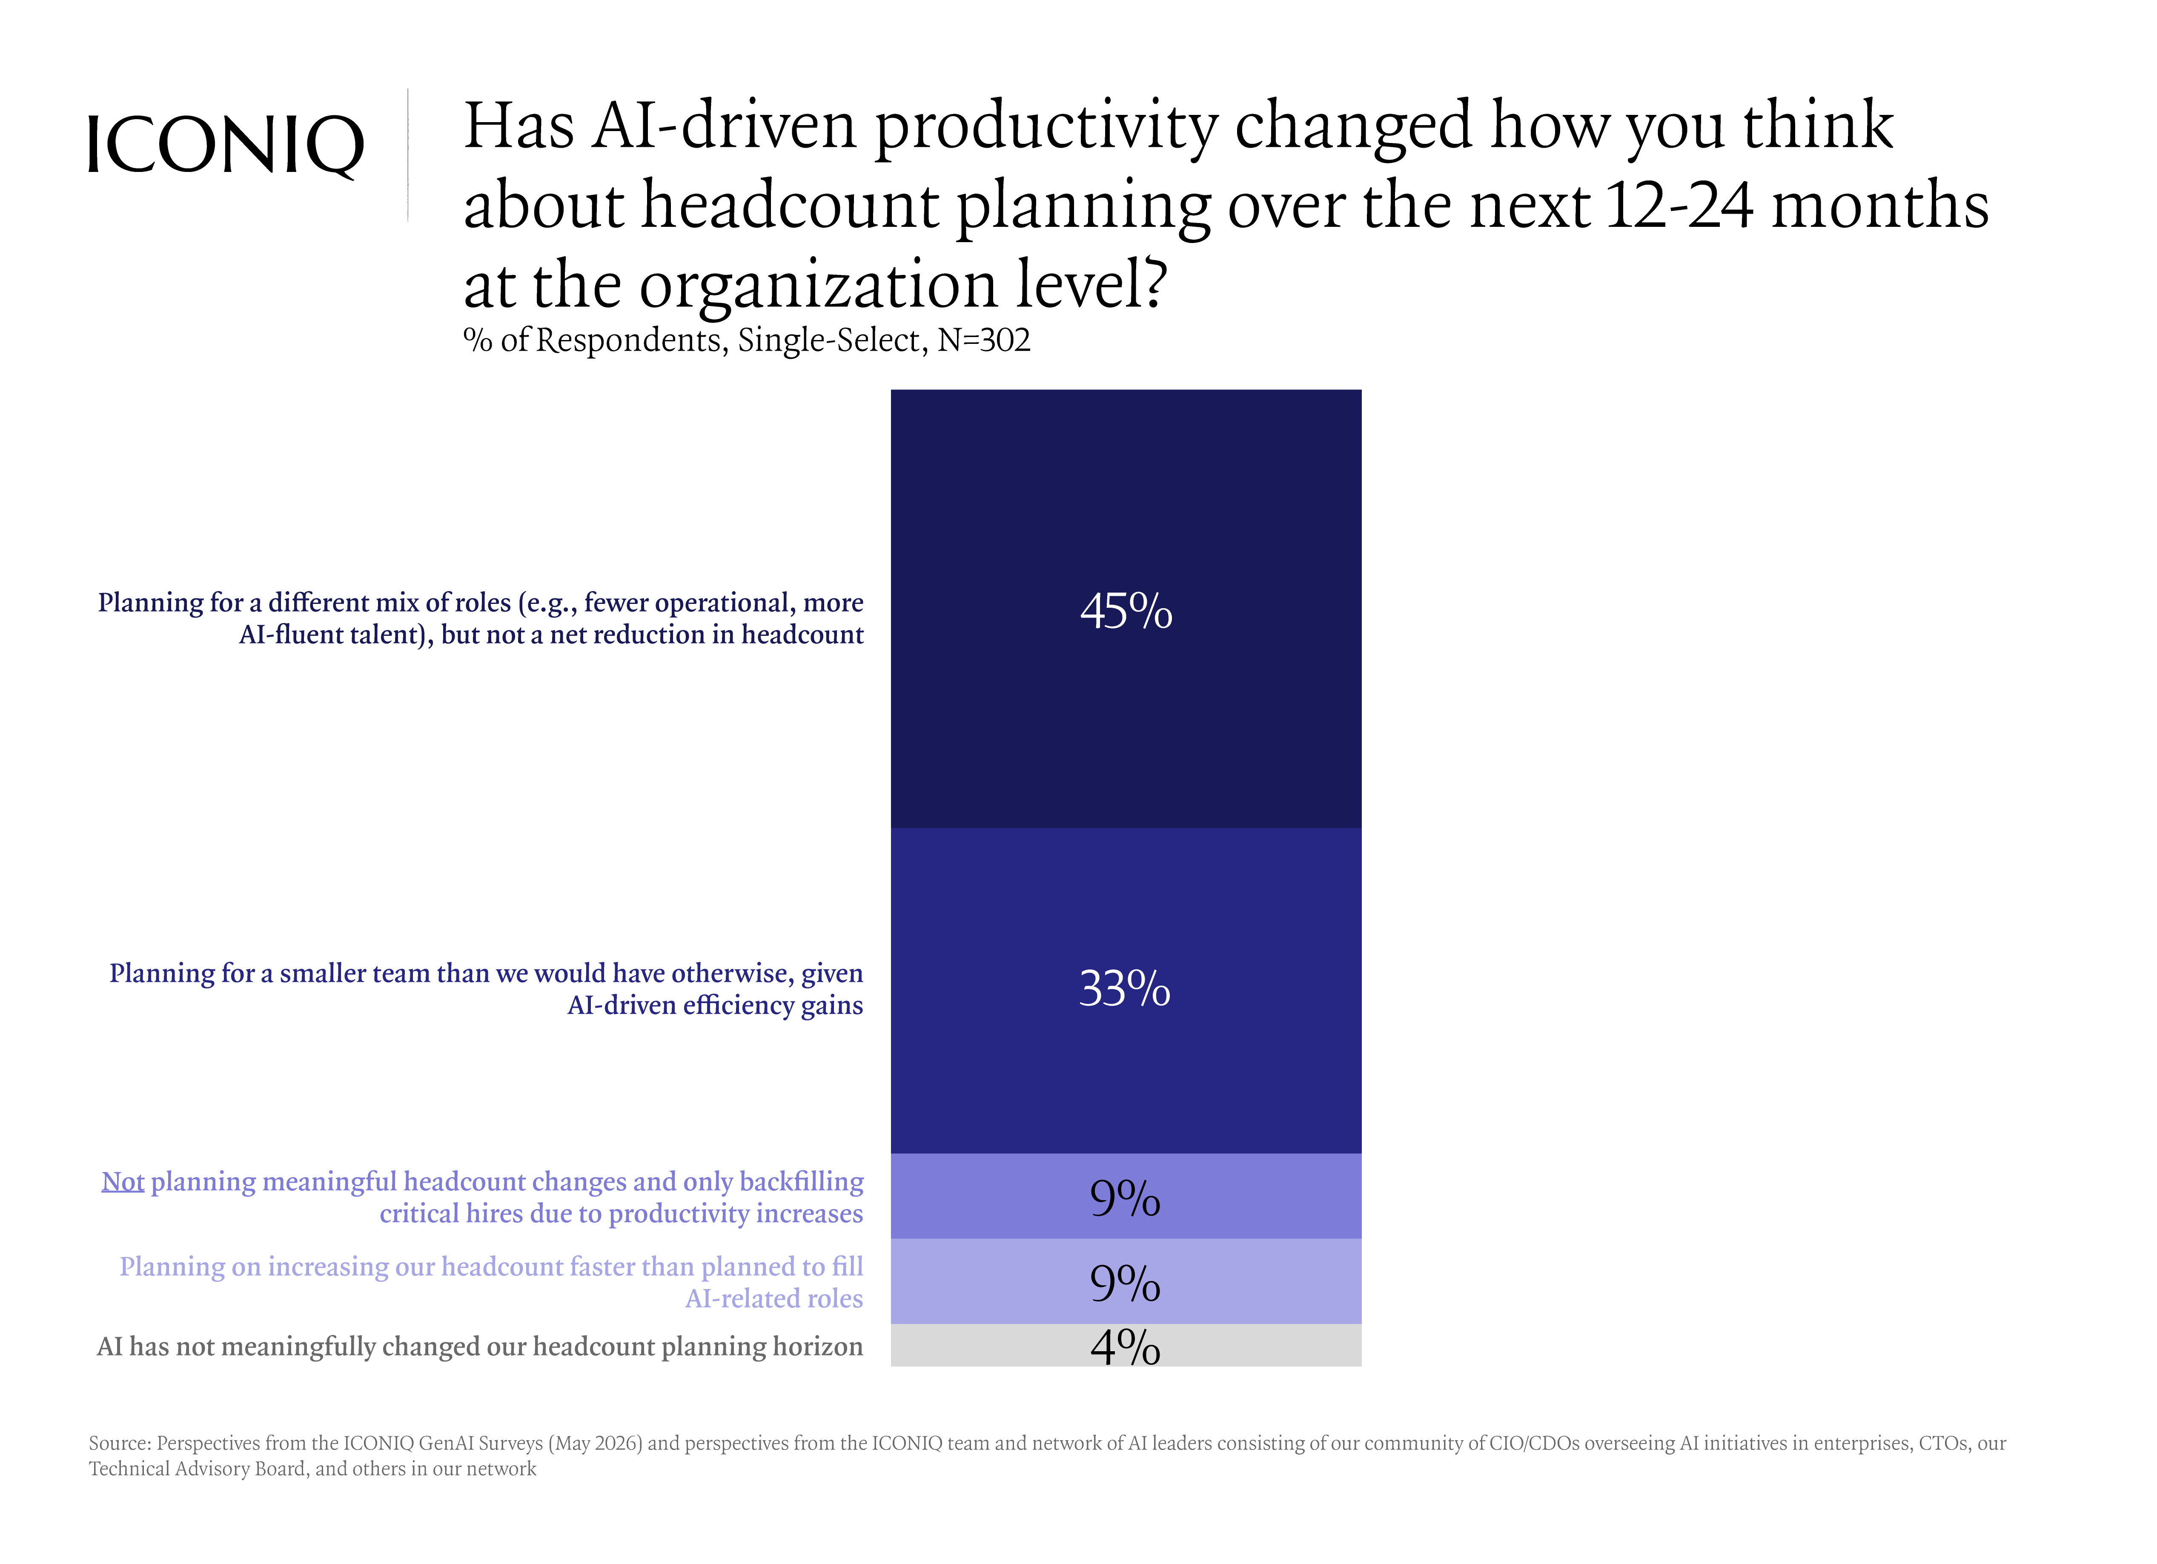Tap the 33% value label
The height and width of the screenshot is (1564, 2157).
point(1125,989)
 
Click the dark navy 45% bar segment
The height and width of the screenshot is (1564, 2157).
point(1126,609)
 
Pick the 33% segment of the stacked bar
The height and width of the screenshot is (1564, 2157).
point(1126,991)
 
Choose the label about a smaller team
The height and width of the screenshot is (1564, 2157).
point(486,989)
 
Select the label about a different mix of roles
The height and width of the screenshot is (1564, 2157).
point(480,618)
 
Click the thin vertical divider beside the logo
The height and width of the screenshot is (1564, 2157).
point(408,155)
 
